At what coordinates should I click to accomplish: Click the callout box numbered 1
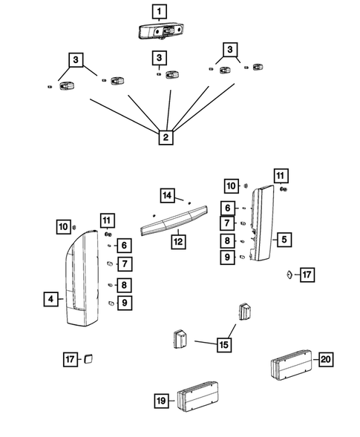[160, 12]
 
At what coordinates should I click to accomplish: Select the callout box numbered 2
[166, 137]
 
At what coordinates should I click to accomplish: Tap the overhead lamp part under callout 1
[161, 30]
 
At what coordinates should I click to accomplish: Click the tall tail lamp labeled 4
[82, 278]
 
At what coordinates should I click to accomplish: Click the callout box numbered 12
[178, 242]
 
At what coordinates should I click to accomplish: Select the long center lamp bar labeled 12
[174, 220]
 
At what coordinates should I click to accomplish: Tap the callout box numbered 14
[167, 195]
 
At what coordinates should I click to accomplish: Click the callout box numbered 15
[224, 345]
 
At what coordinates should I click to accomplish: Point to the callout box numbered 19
[162, 401]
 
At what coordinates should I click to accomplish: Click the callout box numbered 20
[326, 359]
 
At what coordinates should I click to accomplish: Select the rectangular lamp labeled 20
[292, 364]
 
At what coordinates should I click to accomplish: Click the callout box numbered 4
[51, 299]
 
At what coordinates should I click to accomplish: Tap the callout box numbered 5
[284, 240]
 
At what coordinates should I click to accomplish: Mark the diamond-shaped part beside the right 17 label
[289, 275]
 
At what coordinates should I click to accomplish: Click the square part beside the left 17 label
[88, 359]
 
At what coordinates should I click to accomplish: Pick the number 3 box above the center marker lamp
[160, 58]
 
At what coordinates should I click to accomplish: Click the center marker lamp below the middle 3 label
[172, 75]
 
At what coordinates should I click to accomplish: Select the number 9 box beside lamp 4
[125, 303]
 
